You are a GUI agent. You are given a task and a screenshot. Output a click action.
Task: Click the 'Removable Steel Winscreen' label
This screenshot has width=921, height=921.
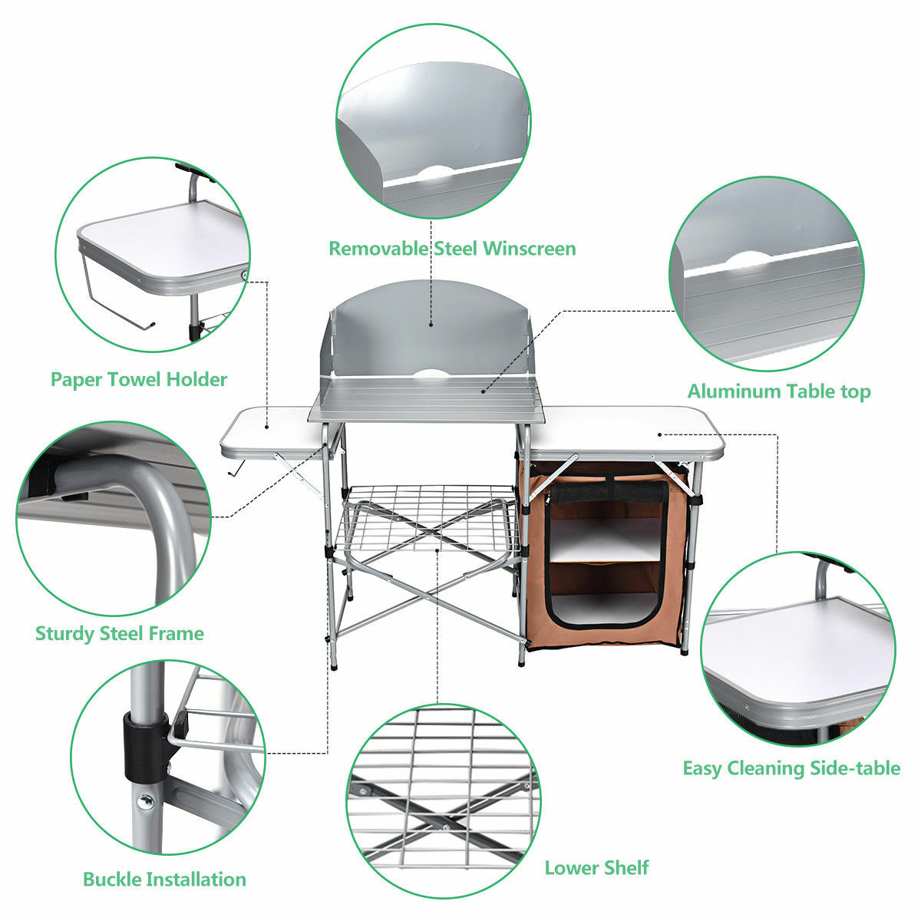(x=452, y=249)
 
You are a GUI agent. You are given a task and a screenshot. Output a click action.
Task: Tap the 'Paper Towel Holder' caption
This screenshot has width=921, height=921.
(x=139, y=379)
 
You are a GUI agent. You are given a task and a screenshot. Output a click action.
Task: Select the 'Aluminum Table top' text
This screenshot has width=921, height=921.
(x=778, y=391)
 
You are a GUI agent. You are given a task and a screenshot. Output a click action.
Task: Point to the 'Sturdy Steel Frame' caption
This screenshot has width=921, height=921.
(x=120, y=634)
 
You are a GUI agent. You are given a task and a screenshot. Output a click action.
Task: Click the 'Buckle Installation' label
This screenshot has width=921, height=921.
(x=164, y=879)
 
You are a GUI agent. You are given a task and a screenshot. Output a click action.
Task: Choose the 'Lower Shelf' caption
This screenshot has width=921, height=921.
(x=596, y=868)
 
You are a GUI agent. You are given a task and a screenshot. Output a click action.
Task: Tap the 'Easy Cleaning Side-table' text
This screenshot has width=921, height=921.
(x=791, y=768)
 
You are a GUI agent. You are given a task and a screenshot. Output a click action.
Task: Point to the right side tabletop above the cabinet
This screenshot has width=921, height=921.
(x=626, y=430)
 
